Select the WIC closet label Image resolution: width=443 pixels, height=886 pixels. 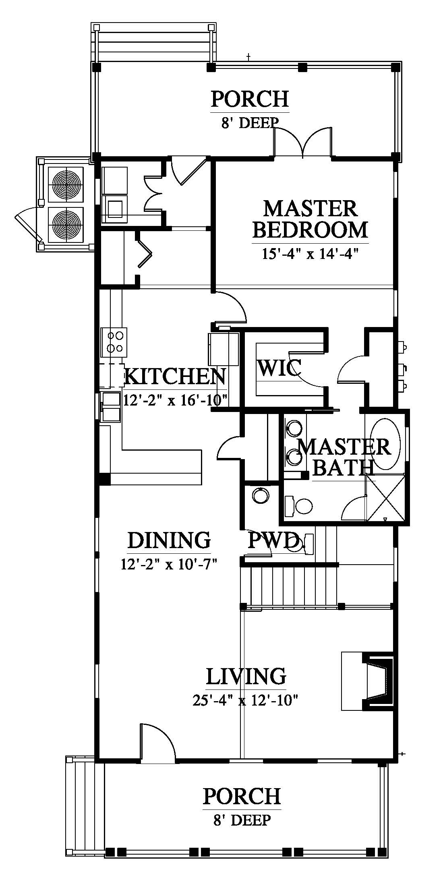(279, 367)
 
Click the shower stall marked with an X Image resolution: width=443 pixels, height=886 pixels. (386, 499)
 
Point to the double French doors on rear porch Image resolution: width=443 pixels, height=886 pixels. (303, 141)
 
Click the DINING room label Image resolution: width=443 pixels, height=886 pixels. (169, 540)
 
